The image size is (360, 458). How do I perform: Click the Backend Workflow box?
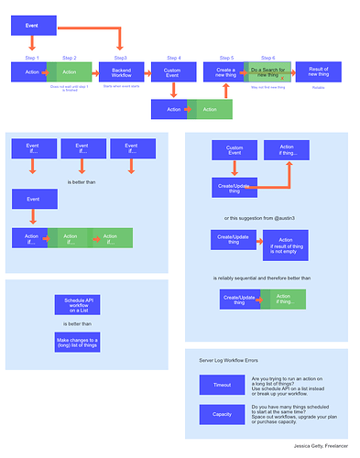point(122,71)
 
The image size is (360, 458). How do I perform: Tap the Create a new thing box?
point(226,71)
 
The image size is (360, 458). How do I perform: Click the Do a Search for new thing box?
point(268,71)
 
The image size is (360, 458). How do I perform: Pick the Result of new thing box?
point(319,71)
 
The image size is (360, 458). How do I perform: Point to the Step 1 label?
point(31,58)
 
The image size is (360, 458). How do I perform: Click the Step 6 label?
point(267,58)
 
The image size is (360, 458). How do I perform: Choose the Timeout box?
point(222,386)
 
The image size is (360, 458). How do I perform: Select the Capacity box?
point(222,413)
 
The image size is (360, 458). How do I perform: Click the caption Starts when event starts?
point(122,88)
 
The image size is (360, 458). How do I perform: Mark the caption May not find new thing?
point(267,88)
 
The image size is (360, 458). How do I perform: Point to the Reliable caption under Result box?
point(319,88)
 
